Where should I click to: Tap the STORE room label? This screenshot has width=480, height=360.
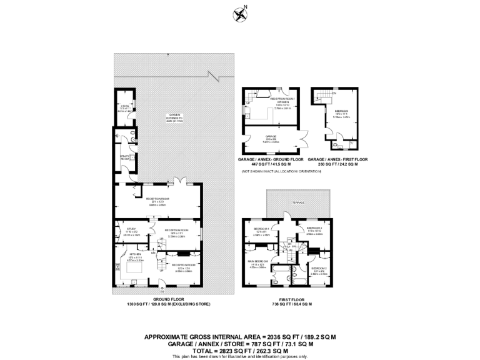[x=125, y=107]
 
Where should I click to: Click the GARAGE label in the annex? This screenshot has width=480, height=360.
[x=271, y=136]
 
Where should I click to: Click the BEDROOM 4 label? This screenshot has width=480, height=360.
[x=261, y=229]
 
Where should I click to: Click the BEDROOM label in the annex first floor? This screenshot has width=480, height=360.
[x=341, y=111]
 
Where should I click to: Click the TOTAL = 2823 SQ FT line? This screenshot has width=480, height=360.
[x=239, y=350]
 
